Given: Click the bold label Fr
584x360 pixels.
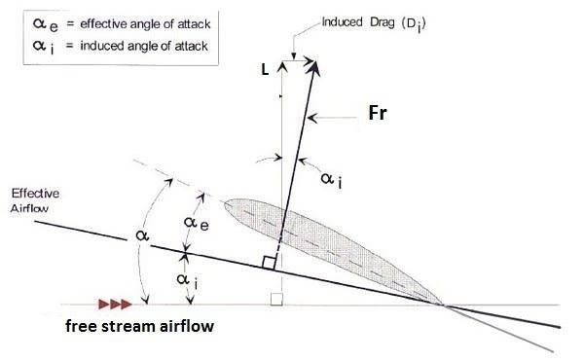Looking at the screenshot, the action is pos(378,113).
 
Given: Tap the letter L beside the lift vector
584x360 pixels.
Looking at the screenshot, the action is pos(265,70).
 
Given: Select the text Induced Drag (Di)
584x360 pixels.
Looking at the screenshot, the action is pos(374,23).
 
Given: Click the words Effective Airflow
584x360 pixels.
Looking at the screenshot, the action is pos(35,200).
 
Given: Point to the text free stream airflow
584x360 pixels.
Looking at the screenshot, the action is pos(139,326).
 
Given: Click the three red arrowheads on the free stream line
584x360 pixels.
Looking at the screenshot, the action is pos(115,305).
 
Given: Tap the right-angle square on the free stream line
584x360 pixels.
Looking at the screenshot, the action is pos(276,300).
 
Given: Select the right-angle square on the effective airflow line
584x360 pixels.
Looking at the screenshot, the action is pos(269,263).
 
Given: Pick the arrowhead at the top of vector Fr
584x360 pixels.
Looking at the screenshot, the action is pos(314,68).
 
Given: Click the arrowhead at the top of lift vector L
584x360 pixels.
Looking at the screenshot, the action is pos(282,66).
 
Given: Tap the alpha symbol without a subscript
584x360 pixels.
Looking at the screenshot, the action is pos(142,235).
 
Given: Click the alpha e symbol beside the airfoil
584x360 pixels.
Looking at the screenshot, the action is pos(197,224).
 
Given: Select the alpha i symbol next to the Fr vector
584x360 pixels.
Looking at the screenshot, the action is pos(331,180).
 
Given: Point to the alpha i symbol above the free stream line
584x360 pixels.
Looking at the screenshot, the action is pos(187,280).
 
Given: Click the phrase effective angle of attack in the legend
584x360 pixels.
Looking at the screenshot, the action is pos(145,24).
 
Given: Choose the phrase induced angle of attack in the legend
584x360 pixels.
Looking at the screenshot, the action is pos(144,46).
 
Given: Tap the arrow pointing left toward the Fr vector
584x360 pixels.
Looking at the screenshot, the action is pos(332,119).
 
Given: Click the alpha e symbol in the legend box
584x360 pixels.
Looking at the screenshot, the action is pos(45,25).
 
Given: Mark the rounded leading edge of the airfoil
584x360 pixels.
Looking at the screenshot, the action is pos(226,203).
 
